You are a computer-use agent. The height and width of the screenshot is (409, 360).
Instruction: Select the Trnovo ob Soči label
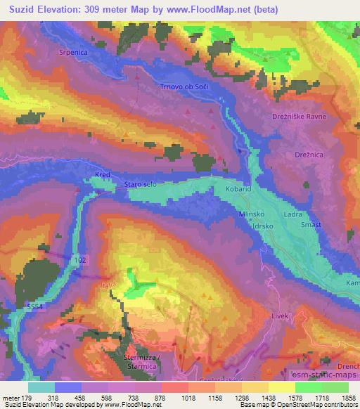pyautogui.click(x=186, y=86)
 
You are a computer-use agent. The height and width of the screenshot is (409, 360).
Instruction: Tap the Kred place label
pyautogui.click(x=103, y=174)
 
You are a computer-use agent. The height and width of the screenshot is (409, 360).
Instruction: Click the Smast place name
pyautogui.click(x=311, y=224)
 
